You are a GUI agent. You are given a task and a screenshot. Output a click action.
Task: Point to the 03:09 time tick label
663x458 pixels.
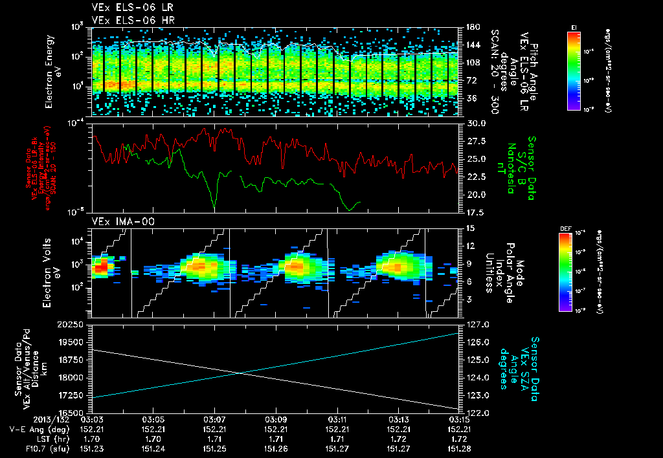276,419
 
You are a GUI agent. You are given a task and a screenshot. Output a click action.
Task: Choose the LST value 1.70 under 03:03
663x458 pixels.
92,438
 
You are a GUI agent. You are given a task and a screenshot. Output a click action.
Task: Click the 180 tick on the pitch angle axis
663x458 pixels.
471,27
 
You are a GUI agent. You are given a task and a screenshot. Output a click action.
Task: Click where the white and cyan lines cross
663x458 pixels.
241,373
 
